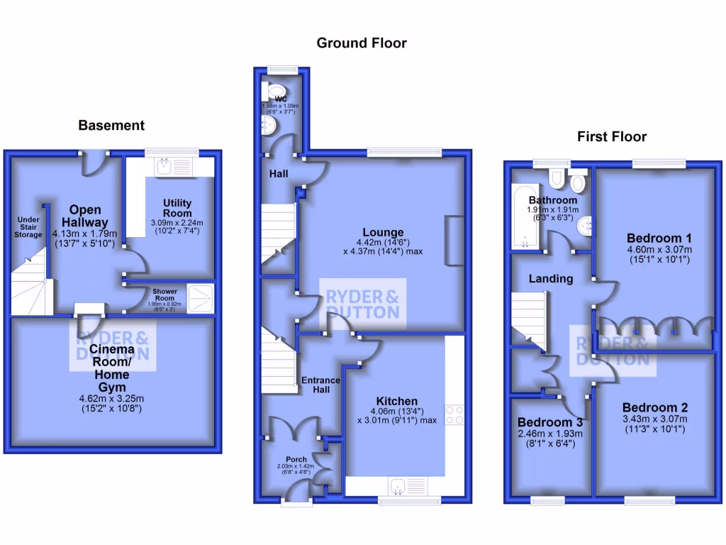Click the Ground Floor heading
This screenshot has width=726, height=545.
(x=362, y=43)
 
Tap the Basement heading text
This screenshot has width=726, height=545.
(x=111, y=126)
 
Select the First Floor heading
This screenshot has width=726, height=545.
(x=612, y=136)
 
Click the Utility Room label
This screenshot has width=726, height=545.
(x=177, y=208)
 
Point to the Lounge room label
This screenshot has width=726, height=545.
(x=383, y=232)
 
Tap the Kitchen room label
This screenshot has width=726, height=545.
(x=397, y=401)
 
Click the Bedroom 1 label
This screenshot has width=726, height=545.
(x=659, y=238)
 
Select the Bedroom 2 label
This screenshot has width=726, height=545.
(x=655, y=407)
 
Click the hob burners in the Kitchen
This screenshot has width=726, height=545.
(x=453, y=414)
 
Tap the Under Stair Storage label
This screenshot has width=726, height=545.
(x=28, y=226)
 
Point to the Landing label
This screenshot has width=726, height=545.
(x=551, y=279)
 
